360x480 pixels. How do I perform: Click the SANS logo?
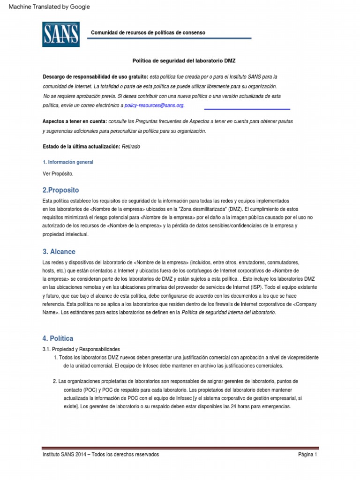coord(61,34)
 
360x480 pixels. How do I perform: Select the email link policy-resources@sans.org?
coord(154,106)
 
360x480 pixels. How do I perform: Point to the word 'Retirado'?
coord(131,147)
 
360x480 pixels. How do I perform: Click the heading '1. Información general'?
coord(68,162)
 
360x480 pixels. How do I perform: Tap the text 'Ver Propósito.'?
coord(58,173)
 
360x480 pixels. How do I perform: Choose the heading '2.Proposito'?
coord(60,190)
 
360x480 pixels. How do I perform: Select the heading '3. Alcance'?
coord(59,252)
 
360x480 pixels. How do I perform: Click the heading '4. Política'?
coord(58,338)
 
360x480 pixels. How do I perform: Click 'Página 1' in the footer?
coord(307,455)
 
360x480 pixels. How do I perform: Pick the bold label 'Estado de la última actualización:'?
coord(82,147)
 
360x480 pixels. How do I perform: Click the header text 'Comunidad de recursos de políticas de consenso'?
coord(148,33)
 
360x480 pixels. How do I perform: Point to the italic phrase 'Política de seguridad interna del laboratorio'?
coord(228,312)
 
